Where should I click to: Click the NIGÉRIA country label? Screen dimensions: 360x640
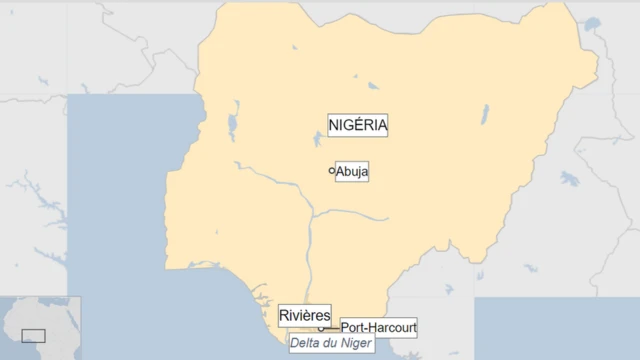[x=357, y=125]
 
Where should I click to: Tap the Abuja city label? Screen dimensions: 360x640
[x=352, y=172]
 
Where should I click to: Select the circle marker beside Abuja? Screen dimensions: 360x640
[x=332, y=171]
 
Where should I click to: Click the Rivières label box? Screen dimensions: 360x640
[x=304, y=315]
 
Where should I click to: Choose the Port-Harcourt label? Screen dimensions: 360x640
[x=378, y=327]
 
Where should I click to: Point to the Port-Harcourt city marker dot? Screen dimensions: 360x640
[x=321, y=328]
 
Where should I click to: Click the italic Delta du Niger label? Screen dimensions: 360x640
[x=331, y=343]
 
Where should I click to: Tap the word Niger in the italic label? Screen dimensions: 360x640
[x=356, y=343]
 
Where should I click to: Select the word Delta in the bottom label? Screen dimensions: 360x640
[x=306, y=343]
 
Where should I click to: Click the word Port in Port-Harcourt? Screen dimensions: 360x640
[x=352, y=327]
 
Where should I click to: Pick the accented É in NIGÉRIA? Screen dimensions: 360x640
[x=357, y=125]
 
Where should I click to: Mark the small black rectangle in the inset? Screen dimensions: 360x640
[x=33, y=336]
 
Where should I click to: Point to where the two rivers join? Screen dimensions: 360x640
[x=313, y=214]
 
